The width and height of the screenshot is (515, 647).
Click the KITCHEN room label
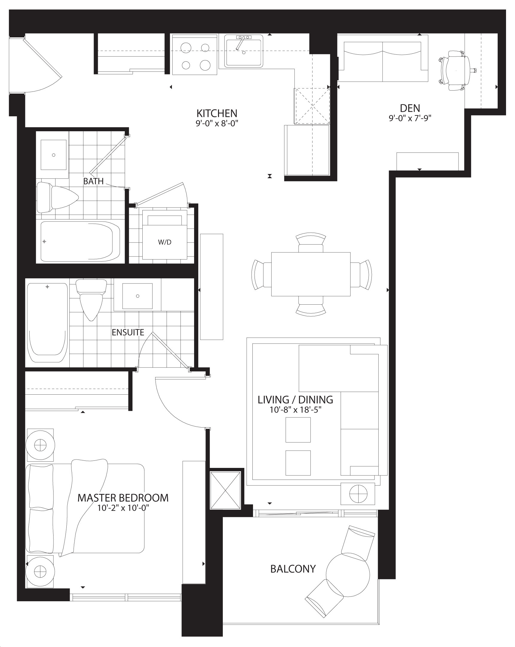click(x=217, y=113)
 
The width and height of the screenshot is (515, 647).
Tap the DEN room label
click(x=410, y=108)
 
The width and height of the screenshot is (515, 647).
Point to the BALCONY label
click(x=293, y=569)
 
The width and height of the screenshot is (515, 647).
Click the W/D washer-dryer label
click(x=165, y=242)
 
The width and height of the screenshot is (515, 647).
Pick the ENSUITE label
click(x=128, y=332)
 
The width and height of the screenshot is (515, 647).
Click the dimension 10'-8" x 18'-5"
click(x=295, y=410)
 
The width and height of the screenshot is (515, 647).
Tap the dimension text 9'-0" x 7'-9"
click(x=410, y=118)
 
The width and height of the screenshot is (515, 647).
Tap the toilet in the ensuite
click(x=92, y=299)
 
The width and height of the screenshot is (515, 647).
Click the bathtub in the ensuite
click(x=48, y=323)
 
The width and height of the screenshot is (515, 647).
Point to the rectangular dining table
click(x=311, y=274)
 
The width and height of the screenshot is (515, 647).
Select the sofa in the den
click(x=383, y=58)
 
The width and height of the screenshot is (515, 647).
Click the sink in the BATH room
click(x=54, y=155)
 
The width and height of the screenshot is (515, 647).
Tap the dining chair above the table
click(x=311, y=242)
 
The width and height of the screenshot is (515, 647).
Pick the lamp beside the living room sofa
click(x=358, y=494)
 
